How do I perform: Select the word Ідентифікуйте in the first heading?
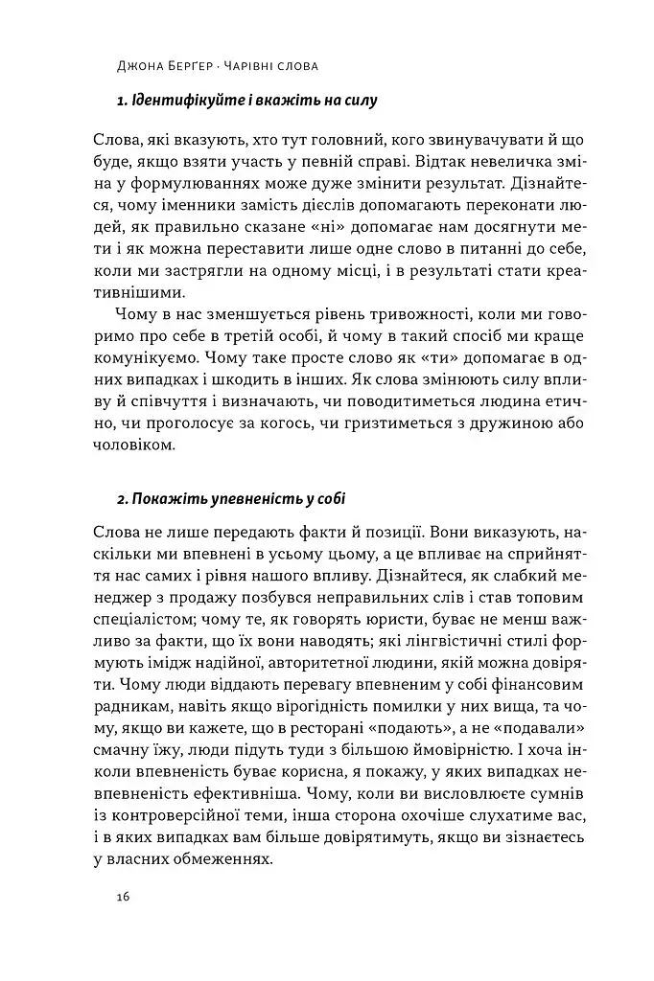coord(182,100)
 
